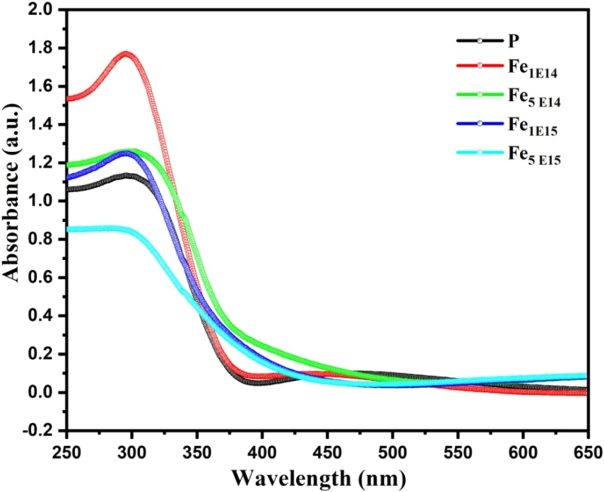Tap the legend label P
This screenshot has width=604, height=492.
513,41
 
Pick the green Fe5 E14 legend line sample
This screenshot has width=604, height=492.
479,95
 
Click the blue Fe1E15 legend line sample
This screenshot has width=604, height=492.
479,124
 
